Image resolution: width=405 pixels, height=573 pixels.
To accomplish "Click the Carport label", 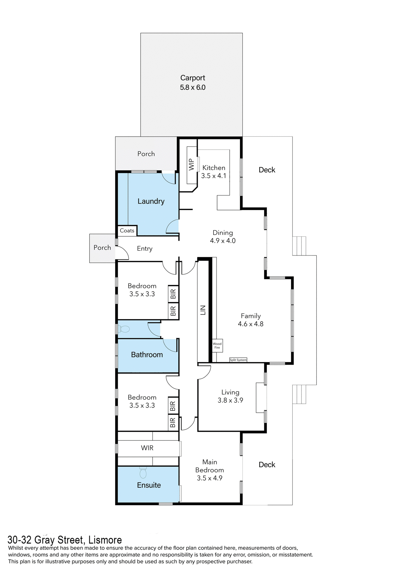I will coord(193,78).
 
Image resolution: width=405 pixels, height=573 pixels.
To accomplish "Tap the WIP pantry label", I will coord(191,164).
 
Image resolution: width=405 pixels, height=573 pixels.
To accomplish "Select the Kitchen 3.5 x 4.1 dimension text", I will coord(214,176).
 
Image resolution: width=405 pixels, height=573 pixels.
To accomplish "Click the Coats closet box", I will coord(127,231).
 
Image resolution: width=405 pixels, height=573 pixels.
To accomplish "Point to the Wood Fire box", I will coord(217,346).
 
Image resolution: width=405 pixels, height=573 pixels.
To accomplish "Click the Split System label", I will coord(238,360).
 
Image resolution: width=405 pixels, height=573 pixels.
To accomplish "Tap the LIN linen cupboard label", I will coord(203,310).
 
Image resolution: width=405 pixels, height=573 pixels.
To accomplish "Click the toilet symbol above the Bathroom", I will coord(125,329).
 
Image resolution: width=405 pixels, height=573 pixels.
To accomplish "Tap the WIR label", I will coord(147,448).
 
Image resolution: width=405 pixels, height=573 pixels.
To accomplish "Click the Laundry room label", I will coord(151,201).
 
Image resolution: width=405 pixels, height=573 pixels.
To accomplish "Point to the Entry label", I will coord(145,249).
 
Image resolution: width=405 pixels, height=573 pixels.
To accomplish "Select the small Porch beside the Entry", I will coord(102,248).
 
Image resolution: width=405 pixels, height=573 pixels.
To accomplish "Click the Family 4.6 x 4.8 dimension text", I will coord(251,324).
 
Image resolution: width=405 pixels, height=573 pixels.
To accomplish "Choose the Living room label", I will coord(230,392).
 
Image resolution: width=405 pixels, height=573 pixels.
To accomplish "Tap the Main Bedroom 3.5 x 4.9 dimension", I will coord(209,478).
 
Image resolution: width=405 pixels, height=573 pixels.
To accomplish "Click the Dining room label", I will coord(223,233).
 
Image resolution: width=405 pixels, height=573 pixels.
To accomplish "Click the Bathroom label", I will coord(147,355).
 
